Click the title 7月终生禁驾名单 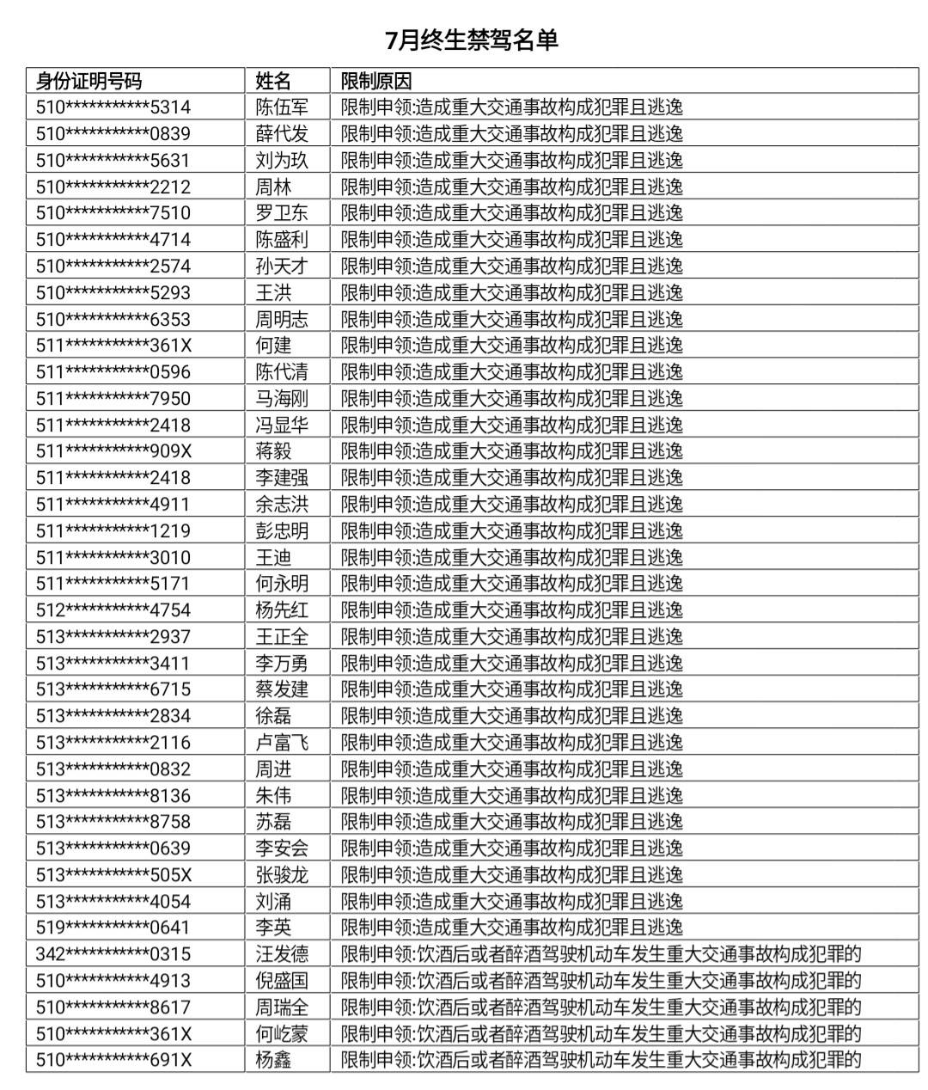[472, 40]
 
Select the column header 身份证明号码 [89, 81]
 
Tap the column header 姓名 [273, 81]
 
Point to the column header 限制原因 [376, 81]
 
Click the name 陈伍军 [282, 107]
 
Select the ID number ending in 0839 [113, 134]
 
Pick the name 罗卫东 [282, 213]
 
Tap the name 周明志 [282, 319]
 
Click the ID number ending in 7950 [113, 399]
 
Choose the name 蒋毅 [273, 451]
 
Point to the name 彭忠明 [282, 531]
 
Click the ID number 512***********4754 [113, 610]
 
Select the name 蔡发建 [282, 689]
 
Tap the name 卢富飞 [282, 743]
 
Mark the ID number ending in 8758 [113, 822]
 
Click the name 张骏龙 [282, 875]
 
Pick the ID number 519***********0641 [113, 928]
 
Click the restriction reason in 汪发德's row [601, 954]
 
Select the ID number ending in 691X [113, 1060]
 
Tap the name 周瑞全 [282, 1007]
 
